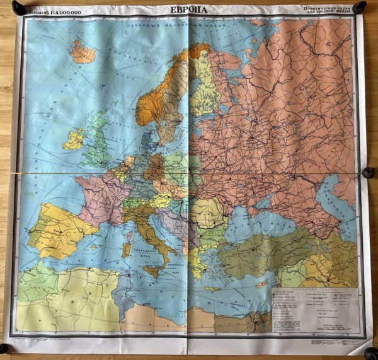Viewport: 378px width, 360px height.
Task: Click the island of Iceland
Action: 83,52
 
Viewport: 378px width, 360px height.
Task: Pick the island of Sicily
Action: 153,270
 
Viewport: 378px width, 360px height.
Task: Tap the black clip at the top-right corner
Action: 359,8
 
